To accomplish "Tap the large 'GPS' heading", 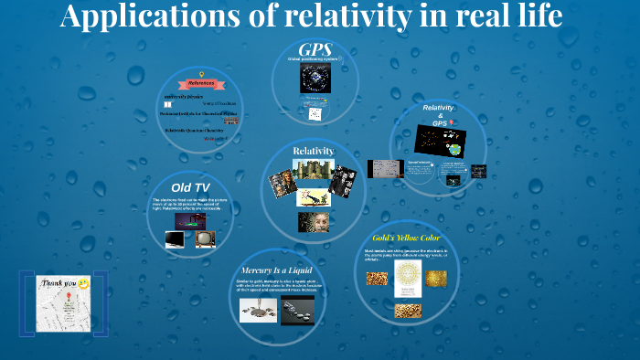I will pos(315,48).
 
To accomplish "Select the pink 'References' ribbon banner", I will pos(200,83).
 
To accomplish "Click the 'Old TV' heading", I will pos(190,187).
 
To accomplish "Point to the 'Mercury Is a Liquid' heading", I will pos(276,270).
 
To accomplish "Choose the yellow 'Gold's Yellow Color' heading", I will pos(407,238).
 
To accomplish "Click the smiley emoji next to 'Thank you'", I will pos(83,284).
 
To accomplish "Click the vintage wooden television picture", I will pos(205,239).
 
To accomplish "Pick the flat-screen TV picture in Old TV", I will pos(174,239).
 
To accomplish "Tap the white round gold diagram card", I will pos(408,278).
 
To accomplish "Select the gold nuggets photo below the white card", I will pos(408,311).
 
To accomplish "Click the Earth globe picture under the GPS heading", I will pos(315,80).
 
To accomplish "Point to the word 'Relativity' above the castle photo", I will pos(314,151).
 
